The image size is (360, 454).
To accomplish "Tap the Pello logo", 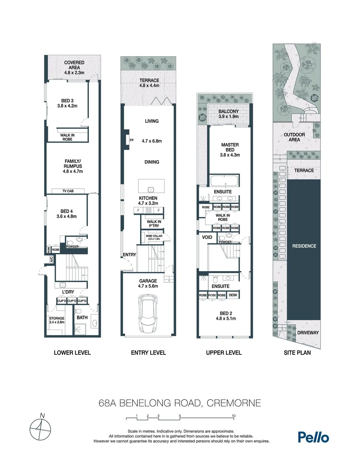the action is click(x=313, y=437).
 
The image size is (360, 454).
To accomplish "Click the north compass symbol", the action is click(x=40, y=429).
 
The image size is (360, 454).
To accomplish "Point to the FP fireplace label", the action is click(x=131, y=140).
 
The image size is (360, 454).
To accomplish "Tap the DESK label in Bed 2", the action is click(x=233, y=296).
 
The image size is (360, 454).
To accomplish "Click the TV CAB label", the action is click(x=68, y=191).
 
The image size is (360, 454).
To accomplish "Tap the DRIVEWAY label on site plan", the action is click(x=307, y=333).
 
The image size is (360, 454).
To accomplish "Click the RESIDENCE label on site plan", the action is click(x=304, y=246).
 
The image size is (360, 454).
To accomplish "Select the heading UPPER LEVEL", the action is click(x=224, y=353).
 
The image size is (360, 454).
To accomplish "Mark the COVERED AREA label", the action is click(x=74, y=67).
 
